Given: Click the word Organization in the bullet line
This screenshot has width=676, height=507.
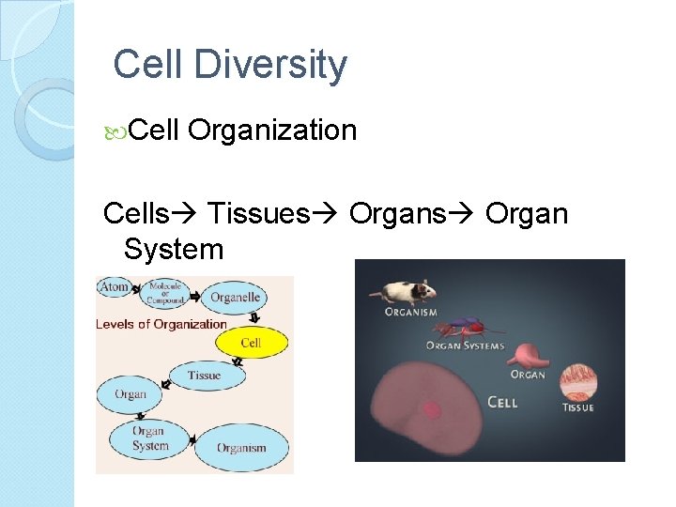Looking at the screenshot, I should click(x=272, y=130).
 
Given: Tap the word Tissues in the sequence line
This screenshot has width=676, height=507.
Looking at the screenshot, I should click(x=257, y=213).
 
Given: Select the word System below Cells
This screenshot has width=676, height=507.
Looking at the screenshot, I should click(x=174, y=250).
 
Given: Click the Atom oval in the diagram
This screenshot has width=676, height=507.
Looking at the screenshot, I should click(x=115, y=287).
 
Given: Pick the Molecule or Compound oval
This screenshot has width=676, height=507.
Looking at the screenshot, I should click(x=164, y=293).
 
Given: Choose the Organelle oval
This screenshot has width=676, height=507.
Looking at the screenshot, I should click(x=235, y=298).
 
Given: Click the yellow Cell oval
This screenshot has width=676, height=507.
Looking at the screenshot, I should click(x=251, y=343).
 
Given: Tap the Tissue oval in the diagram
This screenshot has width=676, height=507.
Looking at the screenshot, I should click(x=204, y=376).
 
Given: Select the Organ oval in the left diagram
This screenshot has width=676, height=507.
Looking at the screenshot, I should click(x=131, y=394).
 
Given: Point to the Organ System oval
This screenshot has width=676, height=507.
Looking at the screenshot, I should click(x=149, y=438).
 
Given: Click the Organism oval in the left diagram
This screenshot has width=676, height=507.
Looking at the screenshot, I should click(x=241, y=448).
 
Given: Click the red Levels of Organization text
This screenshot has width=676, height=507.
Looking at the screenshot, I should click(x=161, y=325).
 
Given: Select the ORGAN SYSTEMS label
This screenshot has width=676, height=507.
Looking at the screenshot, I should click(x=465, y=346).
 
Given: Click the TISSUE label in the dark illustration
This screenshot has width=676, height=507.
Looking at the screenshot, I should click(x=577, y=407).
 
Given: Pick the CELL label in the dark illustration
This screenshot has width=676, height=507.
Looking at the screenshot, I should click(x=502, y=402).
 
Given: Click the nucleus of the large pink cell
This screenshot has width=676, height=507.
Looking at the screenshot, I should click(x=432, y=408).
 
